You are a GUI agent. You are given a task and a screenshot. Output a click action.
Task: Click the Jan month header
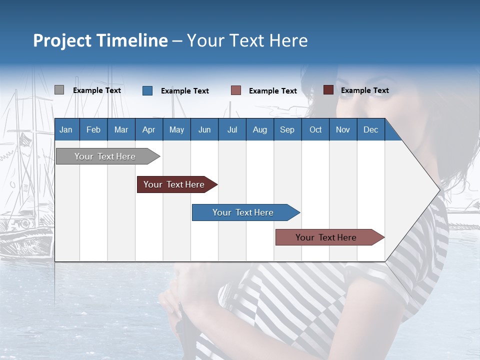point(66,129)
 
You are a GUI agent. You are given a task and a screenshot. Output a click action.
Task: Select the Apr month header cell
point(149,129)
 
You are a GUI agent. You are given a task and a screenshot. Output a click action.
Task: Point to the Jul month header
point(232,129)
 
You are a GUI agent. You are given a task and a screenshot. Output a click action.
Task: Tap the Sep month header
point(287,129)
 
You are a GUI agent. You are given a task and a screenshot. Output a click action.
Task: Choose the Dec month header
point(370,129)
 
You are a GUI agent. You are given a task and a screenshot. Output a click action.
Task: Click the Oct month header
point(315,129)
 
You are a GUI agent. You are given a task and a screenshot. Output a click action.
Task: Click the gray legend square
point(59,90)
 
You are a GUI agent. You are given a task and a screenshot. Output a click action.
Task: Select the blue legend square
point(147,90)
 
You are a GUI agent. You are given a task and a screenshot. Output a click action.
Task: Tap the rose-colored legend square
point(236,90)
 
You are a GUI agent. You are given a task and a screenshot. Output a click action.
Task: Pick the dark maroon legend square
point(328,90)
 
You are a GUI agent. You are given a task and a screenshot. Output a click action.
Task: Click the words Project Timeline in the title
point(100,40)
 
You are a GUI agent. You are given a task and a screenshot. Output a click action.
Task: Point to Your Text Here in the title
point(247,40)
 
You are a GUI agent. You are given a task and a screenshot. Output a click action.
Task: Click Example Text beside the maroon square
point(364,90)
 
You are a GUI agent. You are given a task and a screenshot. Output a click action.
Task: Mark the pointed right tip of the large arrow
point(439,190)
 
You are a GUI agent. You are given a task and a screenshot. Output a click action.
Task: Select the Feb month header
point(93,129)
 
